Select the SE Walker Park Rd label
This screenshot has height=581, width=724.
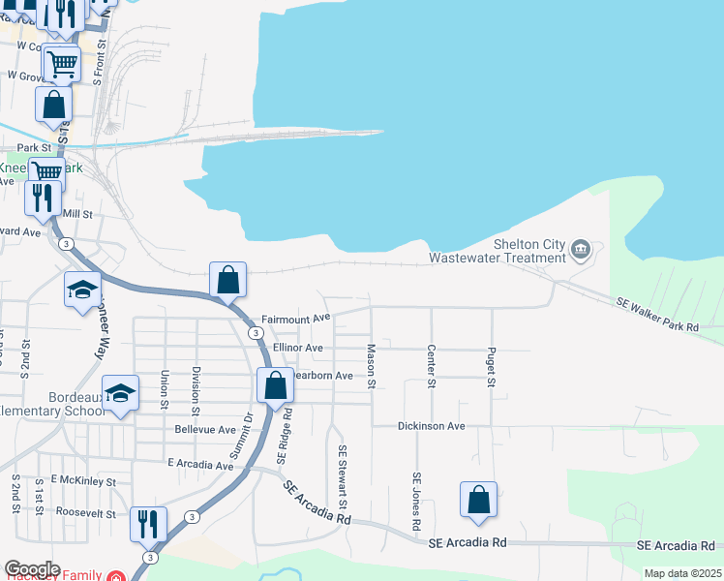(x=658, y=316)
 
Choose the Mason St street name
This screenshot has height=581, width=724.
(x=370, y=367)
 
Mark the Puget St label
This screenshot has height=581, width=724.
(x=492, y=368)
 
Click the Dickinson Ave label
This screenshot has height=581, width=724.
(x=432, y=426)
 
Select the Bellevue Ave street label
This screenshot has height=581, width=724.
(x=205, y=429)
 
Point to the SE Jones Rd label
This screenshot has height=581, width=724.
(x=416, y=500)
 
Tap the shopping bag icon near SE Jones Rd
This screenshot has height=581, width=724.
(x=478, y=500)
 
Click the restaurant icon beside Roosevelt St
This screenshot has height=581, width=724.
(x=148, y=524)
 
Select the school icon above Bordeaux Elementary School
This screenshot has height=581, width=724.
(x=120, y=393)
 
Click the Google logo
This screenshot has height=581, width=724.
(x=32, y=569)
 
